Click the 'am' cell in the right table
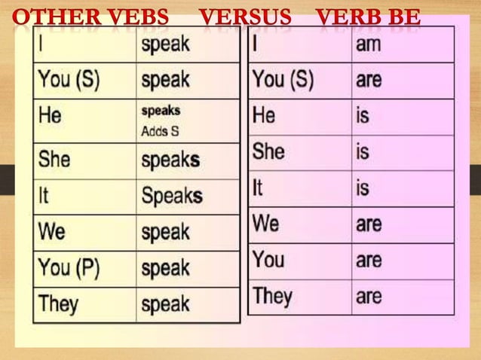click(x=369, y=44)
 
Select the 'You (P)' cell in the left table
click(x=69, y=268)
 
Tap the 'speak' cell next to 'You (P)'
click(x=165, y=269)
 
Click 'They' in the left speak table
click(x=58, y=304)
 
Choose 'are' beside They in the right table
click(x=369, y=296)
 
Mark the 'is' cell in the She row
click(x=363, y=152)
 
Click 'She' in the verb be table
click(x=268, y=151)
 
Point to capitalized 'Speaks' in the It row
click(x=172, y=196)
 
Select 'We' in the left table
click(x=51, y=231)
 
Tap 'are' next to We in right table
click(x=369, y=224)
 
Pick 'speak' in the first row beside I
click(x=165, y=44)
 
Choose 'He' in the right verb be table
click(x=264, y=115)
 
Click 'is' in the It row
click(x=363, y=188)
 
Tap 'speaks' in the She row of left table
click(x=171, y=160)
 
